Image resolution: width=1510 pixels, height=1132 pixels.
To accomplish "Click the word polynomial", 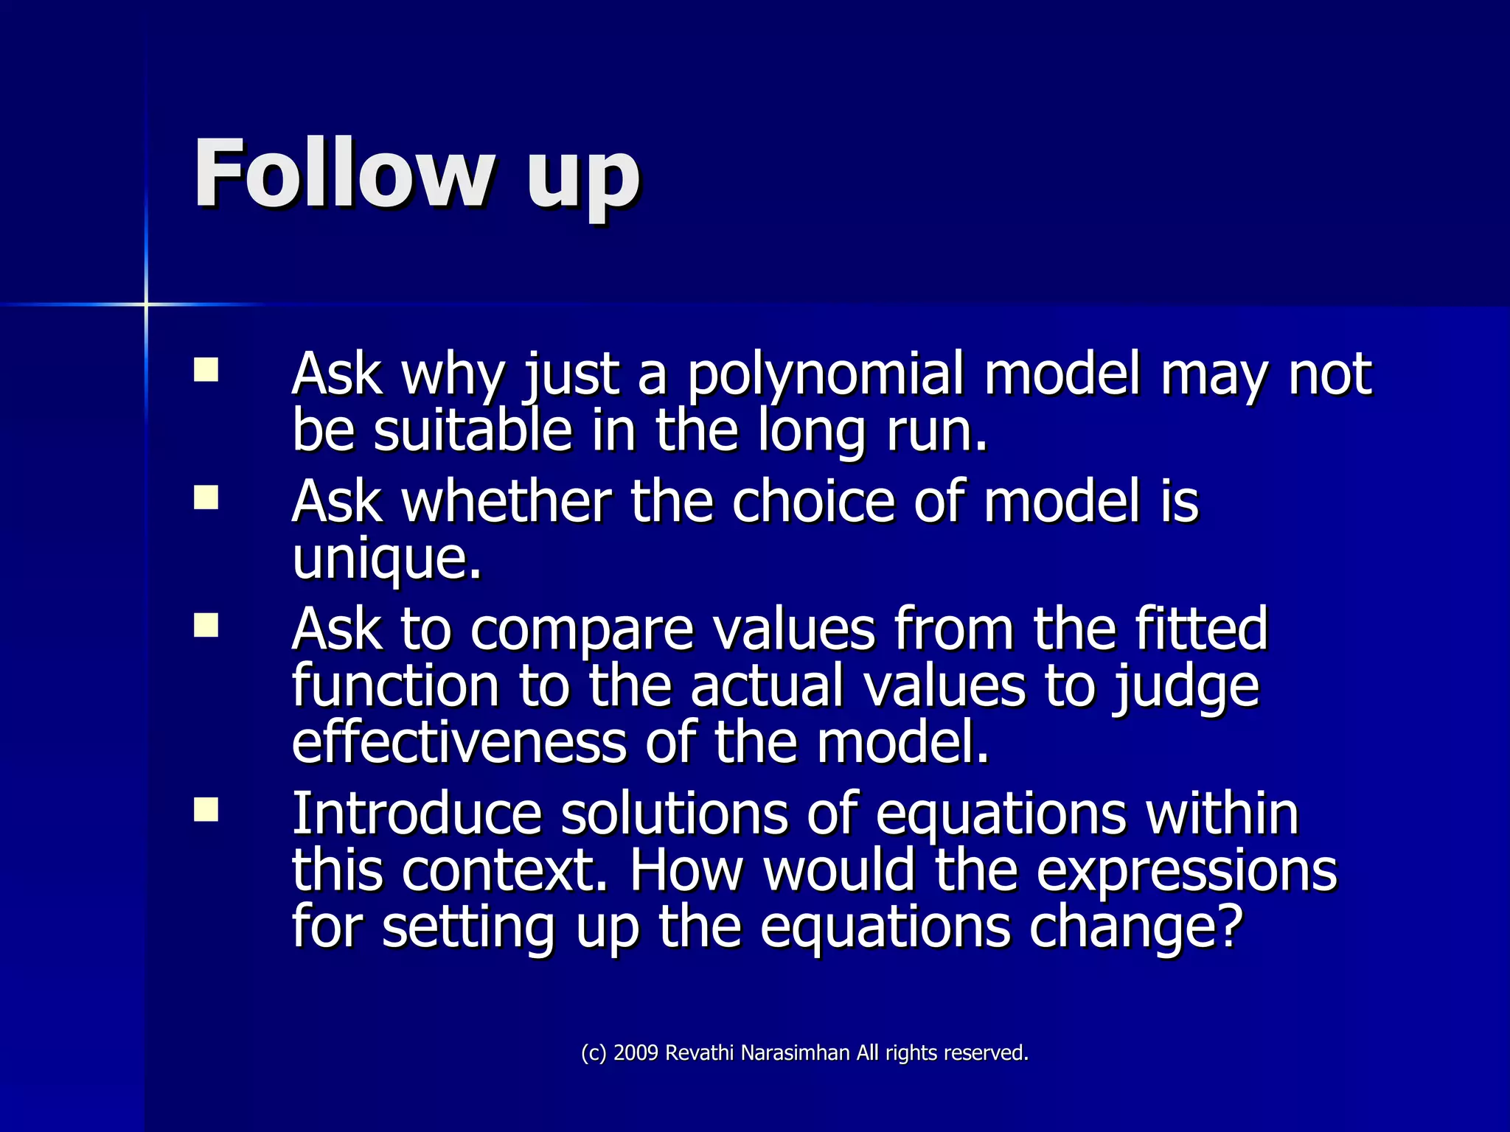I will coord(826,376).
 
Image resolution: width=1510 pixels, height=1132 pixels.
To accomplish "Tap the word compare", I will coord(582,631).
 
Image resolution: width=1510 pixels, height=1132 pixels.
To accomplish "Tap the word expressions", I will coord(1186,873).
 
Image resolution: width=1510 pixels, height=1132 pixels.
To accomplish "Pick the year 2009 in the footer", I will coord(636,1053).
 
